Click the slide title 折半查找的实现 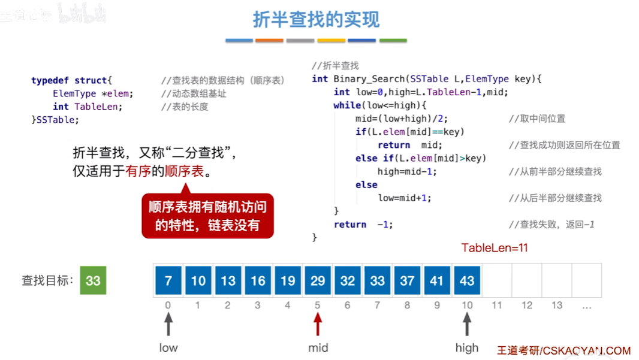[316, 20]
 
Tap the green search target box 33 [93, 280]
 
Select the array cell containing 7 [168, 280]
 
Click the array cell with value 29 [318, 280]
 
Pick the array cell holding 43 [467, 280]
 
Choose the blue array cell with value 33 [378, 280]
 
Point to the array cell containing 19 [288, 280]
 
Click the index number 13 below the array [557, 305]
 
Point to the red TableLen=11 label [495, 248]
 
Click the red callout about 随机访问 [207, 216]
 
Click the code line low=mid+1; [405, 198]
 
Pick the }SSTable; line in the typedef [55, 120]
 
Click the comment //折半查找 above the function [335, 66]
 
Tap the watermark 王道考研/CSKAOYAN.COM [563, 350]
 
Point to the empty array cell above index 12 [527, 280]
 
